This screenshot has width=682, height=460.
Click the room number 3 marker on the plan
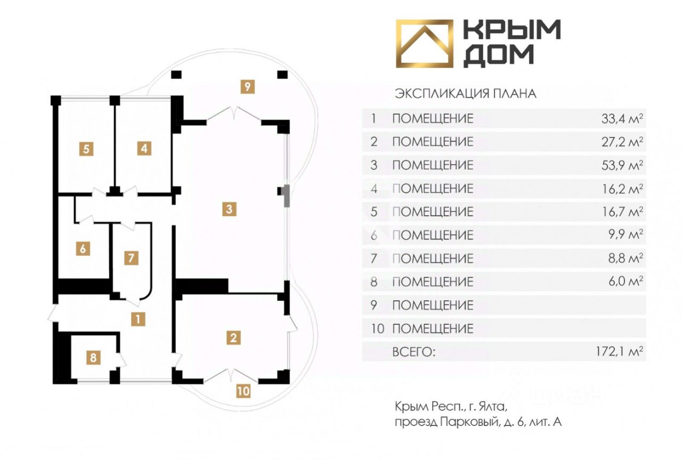point(229,209)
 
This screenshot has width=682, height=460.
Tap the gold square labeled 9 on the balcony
point(247,86)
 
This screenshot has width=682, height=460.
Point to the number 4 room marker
point(143,149)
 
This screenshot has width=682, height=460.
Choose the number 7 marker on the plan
point(132,259)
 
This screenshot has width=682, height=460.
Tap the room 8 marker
point(94,357)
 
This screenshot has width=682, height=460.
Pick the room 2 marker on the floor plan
point(233,337)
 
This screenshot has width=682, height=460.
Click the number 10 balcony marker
point(243,392)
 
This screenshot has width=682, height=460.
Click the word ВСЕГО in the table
point(413,352)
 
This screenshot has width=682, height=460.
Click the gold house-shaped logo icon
point(424,44)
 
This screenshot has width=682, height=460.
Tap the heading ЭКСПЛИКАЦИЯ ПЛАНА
point(465,94)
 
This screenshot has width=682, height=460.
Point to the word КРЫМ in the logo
point(511,30)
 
